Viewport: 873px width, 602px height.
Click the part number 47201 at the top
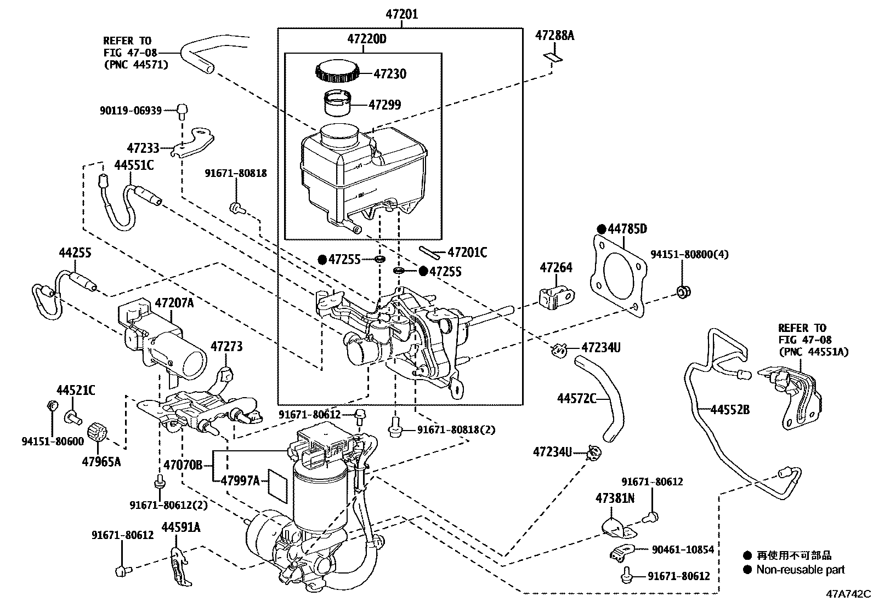point(401,14)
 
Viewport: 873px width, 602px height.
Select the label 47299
point(384,105)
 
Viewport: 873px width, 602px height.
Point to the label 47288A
point(554,36)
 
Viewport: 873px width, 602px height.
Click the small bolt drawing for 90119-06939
point(183,111)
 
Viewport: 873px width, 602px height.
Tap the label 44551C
point(134,165)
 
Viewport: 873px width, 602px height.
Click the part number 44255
point(75,253)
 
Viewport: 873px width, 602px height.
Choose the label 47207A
point(174,303)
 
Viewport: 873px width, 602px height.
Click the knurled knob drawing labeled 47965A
point(100,432)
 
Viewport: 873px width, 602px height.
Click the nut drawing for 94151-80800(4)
point(683,291)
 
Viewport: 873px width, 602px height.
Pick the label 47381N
point(615,498)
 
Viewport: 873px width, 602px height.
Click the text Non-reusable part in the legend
point(800,570)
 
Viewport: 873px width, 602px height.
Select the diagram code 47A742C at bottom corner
point(849,594)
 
